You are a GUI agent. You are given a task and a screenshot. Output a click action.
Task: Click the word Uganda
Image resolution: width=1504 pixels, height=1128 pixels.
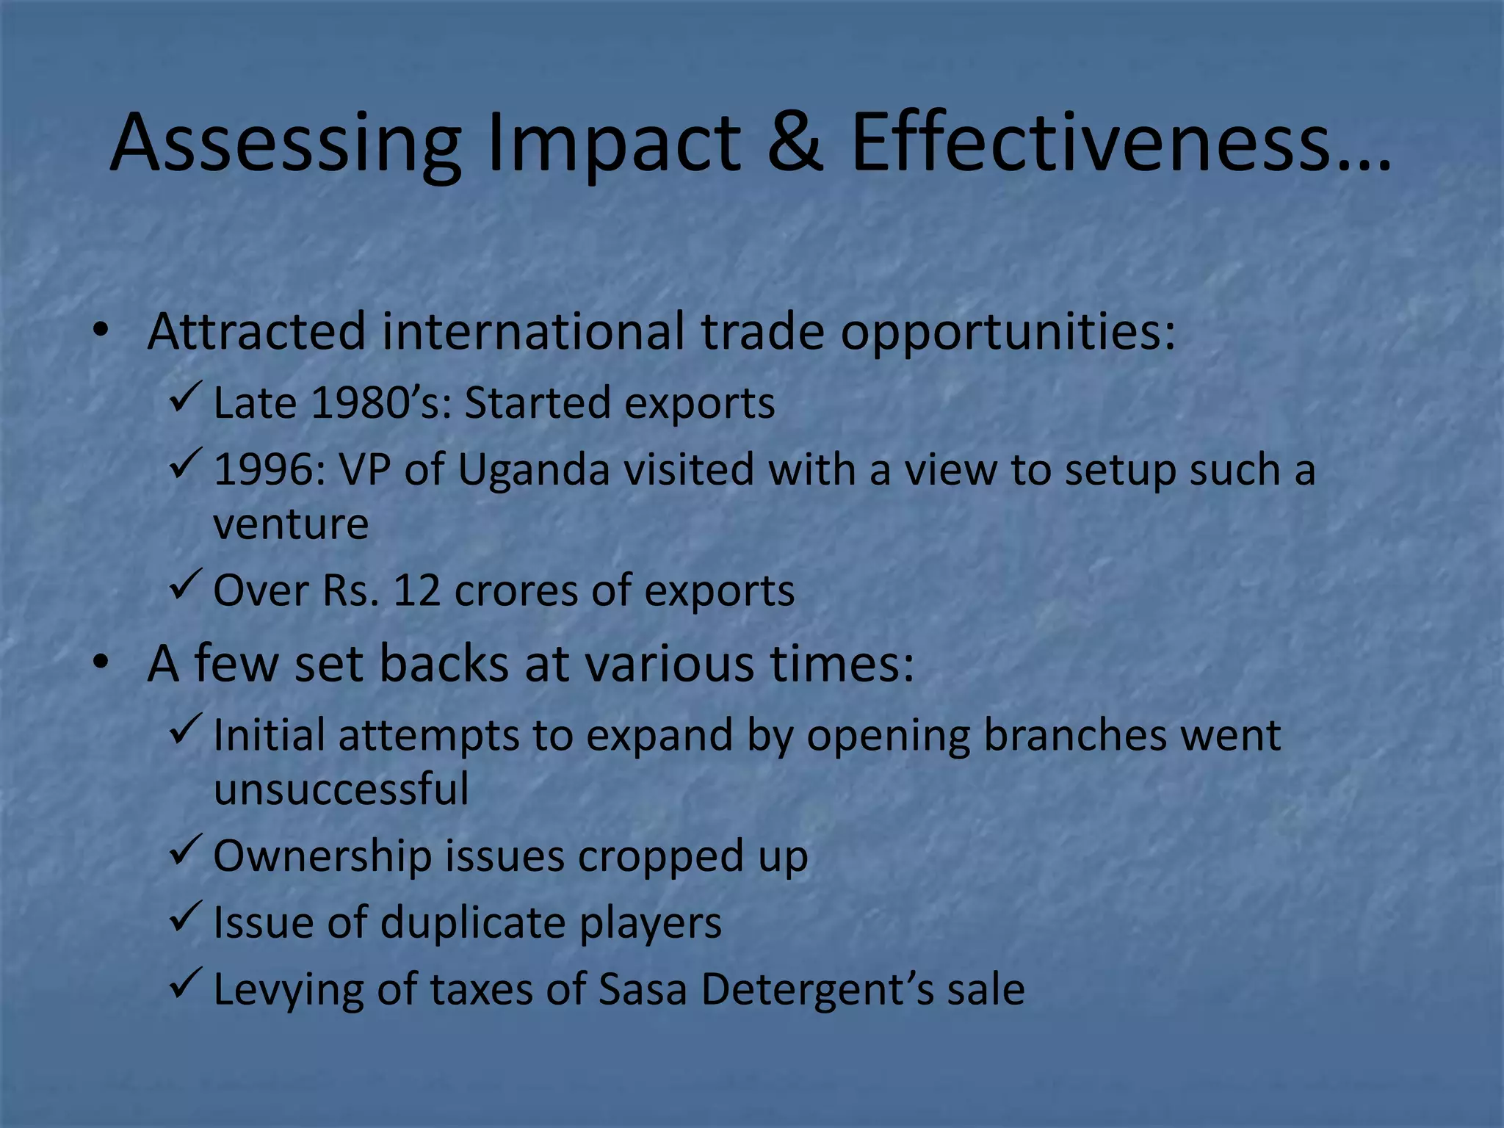tap(534, 470)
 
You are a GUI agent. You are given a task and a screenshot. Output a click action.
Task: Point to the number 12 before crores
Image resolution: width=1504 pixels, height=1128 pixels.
tap(417, 590)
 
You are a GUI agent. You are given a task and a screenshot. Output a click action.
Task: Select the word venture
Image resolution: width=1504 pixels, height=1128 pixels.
tap(291, 524)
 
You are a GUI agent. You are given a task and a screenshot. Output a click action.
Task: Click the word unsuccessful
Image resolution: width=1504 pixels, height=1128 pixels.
tap(341, 789)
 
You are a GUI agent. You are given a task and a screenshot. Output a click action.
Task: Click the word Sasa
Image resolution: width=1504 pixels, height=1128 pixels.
tap(643, 989)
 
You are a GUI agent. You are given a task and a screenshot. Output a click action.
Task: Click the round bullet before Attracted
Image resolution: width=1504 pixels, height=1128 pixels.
tap(101, 330)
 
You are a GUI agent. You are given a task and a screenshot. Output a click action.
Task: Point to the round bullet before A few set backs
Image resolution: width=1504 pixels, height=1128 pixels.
tap(101, 662)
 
